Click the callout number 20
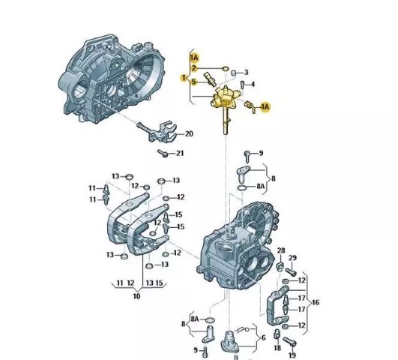(x=189, y=133)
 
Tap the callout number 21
(x=180, y=153)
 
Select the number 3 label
(x=246, y=73)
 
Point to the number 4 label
(x=253, y=84)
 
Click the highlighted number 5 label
(x=194, y=82)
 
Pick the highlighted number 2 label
(x=194, y=68)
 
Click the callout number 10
(x=136, y=296)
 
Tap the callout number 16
(x=316, y=302)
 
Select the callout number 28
(x=281, y=250)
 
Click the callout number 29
(x=292, y=258)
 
